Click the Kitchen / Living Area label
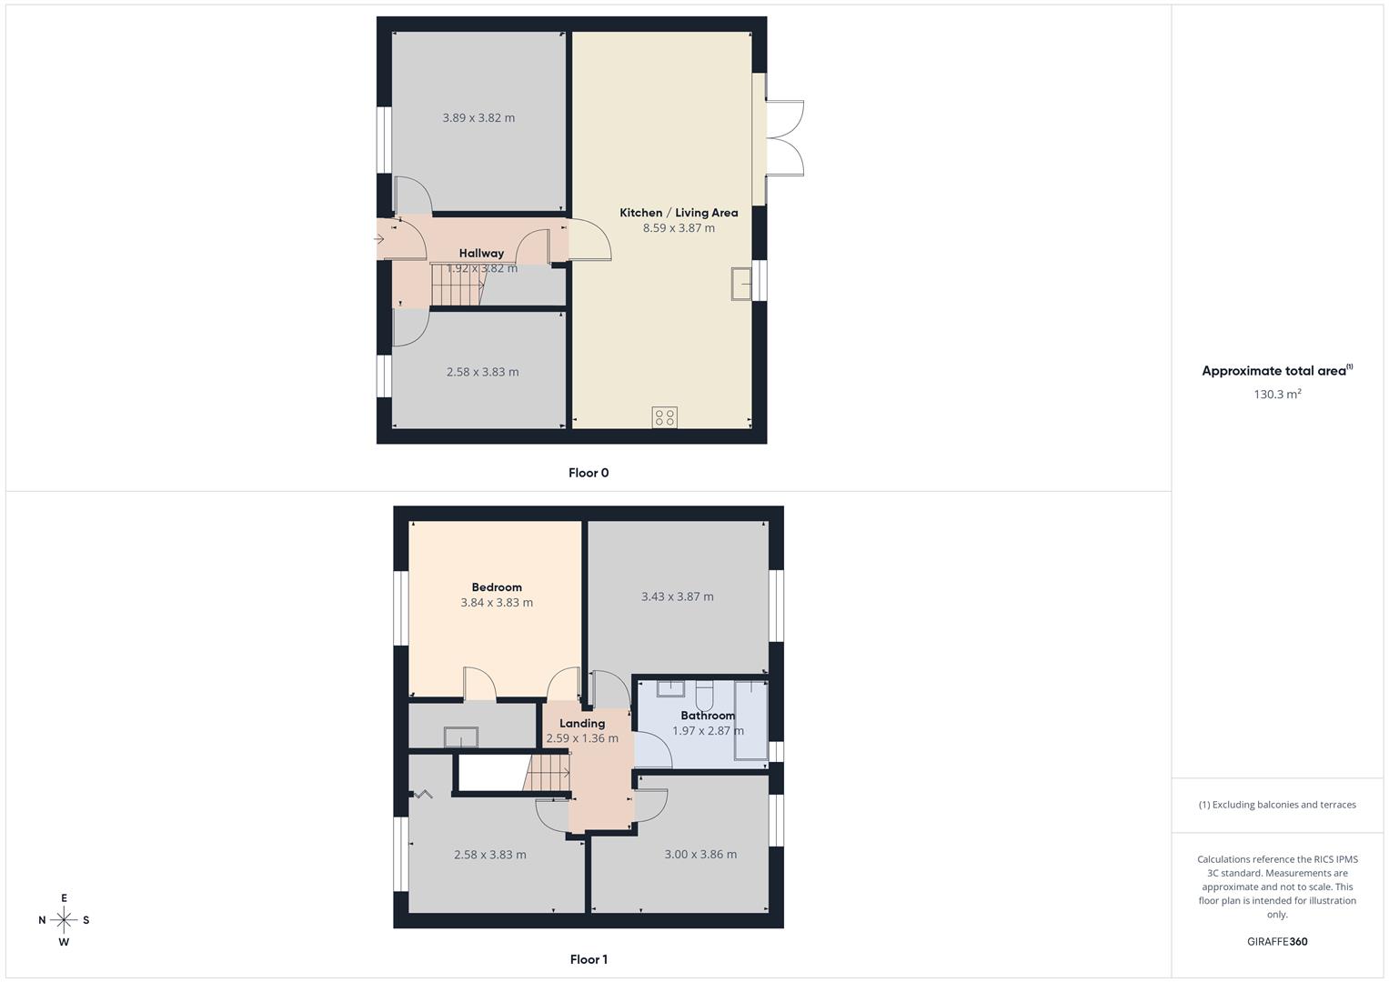point(679,213)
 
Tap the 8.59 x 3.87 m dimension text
point(679,228)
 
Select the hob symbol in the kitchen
point(664,417)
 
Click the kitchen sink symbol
point(741,284)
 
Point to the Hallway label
point(481,254)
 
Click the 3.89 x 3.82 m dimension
point(478,118)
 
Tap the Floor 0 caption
point(589,473)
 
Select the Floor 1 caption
point(589,959)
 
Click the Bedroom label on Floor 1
point(497,587)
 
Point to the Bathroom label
point(708,716)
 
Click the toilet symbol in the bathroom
point(704,696)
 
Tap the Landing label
point(582,724)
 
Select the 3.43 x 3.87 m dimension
point(677,597)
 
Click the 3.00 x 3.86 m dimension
point(700,855)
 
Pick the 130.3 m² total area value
point(1277,395)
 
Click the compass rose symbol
point(64,920)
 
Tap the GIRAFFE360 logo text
point(1277,942)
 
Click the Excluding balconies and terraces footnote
point(1277,805)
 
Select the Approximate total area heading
point(1276,371)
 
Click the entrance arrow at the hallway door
point(379,240)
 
